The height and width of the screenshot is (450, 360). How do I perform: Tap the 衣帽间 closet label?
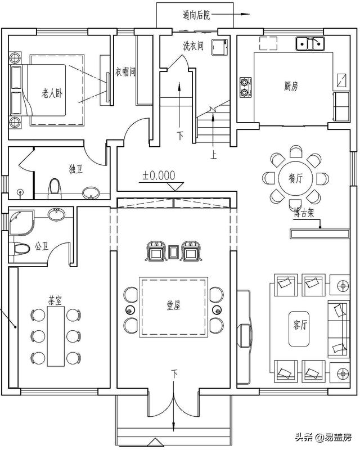click(126, 71)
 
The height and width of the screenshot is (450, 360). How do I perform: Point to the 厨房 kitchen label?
click(290, 87)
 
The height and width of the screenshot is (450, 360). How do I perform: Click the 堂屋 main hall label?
click(173, 305)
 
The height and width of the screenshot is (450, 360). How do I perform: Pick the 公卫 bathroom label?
click(42, 246)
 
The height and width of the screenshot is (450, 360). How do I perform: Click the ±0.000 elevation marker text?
click(159, 175)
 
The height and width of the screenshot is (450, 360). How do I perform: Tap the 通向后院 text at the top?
click(196, 15)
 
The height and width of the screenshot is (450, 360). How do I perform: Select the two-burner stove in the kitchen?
click(246, 86)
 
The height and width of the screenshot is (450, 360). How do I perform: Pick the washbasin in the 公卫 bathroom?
click(56, 214)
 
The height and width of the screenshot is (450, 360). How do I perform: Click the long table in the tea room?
click(56, 336)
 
